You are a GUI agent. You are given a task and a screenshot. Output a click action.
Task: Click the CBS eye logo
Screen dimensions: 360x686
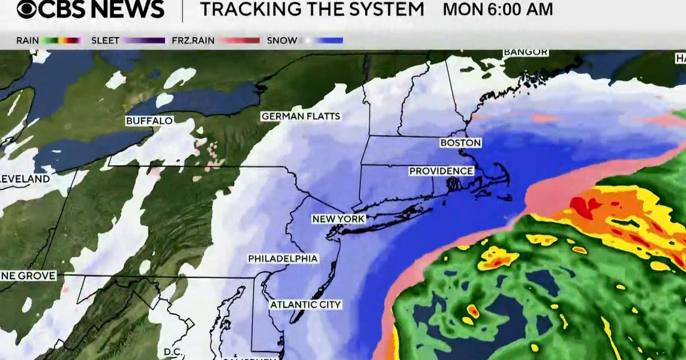(27, 9)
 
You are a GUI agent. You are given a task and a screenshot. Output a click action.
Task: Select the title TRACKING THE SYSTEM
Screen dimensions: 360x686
(312, 10)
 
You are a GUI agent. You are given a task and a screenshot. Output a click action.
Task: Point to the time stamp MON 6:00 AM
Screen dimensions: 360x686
(498, 10)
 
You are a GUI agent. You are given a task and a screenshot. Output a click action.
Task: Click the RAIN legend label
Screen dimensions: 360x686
(27, 41)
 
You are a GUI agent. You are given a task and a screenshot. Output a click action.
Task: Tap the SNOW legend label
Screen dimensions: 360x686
(282, 41)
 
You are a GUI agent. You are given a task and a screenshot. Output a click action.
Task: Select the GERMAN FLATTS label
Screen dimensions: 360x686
(301, 117)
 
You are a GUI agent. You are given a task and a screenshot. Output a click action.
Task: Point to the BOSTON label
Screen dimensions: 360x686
(460, 143)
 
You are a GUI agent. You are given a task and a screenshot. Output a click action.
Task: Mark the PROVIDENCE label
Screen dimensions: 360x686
(441, 171)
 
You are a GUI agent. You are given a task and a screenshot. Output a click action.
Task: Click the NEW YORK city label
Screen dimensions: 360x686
(338, 219)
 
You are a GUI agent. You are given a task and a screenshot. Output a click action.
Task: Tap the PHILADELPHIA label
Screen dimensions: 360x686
(282, 259)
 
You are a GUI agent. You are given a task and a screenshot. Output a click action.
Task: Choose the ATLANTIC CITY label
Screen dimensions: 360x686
(305, 305)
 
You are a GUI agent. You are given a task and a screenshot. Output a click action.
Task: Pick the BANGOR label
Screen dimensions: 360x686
(525, 53)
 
